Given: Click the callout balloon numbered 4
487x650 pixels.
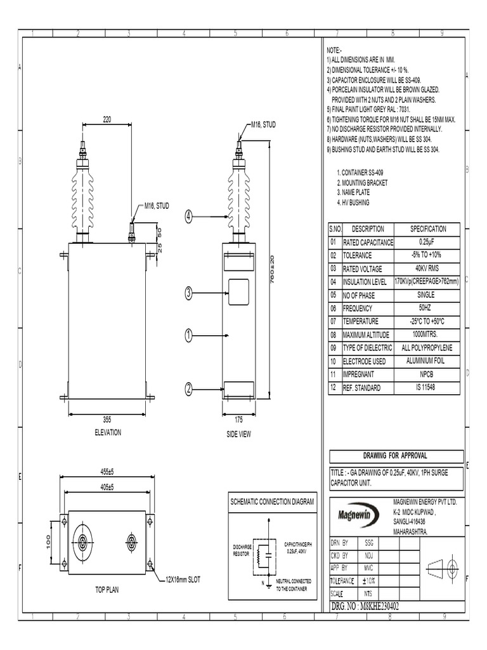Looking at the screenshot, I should pos(188,216).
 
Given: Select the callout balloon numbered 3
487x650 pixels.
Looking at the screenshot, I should pos(188,293).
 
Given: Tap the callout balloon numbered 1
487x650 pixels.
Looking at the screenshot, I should pos(188,335).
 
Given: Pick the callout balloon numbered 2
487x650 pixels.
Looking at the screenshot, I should pos(188,388).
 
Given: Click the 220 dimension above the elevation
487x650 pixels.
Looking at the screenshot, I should pos(107,119).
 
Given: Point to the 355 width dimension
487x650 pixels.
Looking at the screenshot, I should pos(107,419).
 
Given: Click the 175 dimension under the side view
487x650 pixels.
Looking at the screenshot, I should pos(238,420).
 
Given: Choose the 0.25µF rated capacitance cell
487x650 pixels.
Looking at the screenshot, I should pos(427,242).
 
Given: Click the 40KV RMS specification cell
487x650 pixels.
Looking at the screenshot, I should pos(427,269).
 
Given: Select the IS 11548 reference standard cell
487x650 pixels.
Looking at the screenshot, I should pos(427,387).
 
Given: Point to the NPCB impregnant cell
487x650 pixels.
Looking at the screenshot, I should pos(427,374).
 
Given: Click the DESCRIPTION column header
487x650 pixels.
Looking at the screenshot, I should pos(368,229).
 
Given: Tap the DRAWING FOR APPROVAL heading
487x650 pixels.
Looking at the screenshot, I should pos(394,456).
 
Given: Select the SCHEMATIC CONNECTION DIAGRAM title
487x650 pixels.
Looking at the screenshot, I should pos(272,502).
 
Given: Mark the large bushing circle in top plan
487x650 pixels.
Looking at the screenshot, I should pos(82,541).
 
